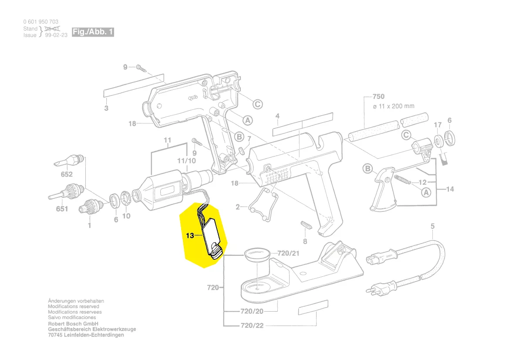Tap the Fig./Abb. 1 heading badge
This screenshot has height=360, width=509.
point(93,32)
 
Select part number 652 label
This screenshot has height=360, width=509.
point(67,174)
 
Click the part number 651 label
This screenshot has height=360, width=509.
point(62,209)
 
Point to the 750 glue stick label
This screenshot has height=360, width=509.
point(378,96)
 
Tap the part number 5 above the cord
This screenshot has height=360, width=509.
point(432,226)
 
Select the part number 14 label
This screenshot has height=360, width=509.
point(450,189)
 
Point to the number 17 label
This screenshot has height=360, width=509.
point(438,125)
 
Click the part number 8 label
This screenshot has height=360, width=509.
point(305,241)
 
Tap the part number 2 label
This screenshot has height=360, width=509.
point(238,207)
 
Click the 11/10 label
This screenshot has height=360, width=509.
point(186,161)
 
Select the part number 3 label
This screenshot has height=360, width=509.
point(106,108)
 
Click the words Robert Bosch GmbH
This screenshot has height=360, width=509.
point(73,324)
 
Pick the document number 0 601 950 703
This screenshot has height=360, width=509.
point(41,22)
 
